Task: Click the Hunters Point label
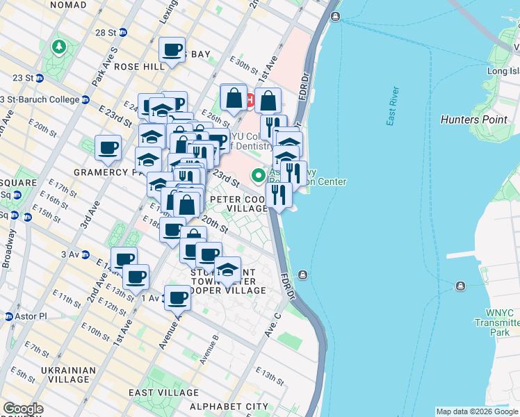tap(474, 120)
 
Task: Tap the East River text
tap(393, 106)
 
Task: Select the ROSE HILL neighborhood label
tap(139, 66)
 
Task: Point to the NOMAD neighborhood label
tap(64, 4)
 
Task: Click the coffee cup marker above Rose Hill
tap(172, 50)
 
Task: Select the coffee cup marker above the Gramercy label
tap(108, 147)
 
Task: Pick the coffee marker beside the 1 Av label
tap(177, 298)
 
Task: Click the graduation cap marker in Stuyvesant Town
tap(227, 270)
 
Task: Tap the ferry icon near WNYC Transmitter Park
tap(460, 286)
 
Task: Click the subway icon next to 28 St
tap(123, 32)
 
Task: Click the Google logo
tap(24, 409)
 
